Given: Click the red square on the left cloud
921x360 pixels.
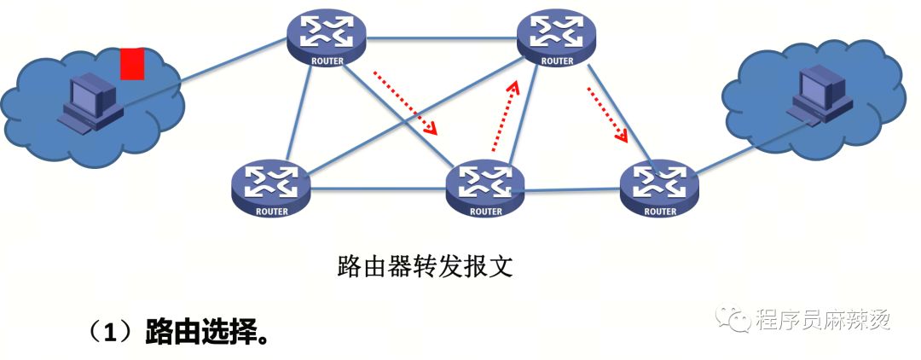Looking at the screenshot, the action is pyautogui.click(x=132, y=63).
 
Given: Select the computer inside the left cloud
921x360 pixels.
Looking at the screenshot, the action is pyautogui.click(x=91, y=102).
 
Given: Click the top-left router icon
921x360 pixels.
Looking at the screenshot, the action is pyautogui.click(x=326, y=39).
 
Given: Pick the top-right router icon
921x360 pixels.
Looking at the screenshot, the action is pyautogui.click(x=556, y=39).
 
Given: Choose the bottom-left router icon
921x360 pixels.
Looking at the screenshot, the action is pyautogui.click(x=271, y=189).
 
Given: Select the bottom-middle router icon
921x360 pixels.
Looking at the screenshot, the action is pyautogui.click(x=485, y=189).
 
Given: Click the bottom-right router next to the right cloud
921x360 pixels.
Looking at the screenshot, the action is pyautogui.click(x=659, y=189).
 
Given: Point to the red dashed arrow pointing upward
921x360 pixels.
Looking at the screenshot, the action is pyautogui.click(x=505, y=116).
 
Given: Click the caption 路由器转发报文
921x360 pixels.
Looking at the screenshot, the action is pyautogui.click(x=426, y=266).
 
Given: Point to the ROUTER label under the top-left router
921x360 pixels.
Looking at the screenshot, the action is pyautogui.click(x=327, y=61).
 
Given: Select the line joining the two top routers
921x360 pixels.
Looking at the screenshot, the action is pyautogui.click(x=441, y=38).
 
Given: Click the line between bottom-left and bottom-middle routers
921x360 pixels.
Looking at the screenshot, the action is pyautogui.click(x=379, y=189).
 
